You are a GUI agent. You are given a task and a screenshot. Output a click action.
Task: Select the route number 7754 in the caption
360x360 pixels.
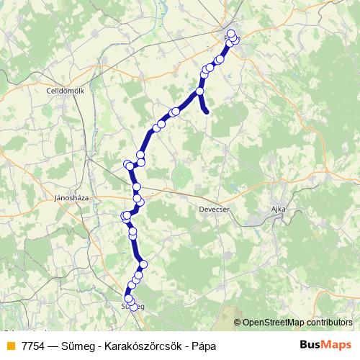[x=30, y=346]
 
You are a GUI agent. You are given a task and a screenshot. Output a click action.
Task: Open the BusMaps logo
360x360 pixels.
[x=325, y=345]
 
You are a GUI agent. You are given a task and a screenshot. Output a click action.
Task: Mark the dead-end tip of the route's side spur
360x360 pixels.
[x=207, y=112]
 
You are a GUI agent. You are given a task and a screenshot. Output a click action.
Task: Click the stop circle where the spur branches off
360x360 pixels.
[x=199, y=91]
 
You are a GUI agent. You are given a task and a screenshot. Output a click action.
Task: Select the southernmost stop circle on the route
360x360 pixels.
[x=133, y=308]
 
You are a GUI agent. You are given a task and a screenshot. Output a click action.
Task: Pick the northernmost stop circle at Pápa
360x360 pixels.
[x=231, y=33]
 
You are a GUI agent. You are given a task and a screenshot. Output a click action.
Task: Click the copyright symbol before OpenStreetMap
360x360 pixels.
[x=238, y=323]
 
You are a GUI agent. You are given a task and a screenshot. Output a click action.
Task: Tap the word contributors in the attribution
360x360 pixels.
[x=328, y=323]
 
